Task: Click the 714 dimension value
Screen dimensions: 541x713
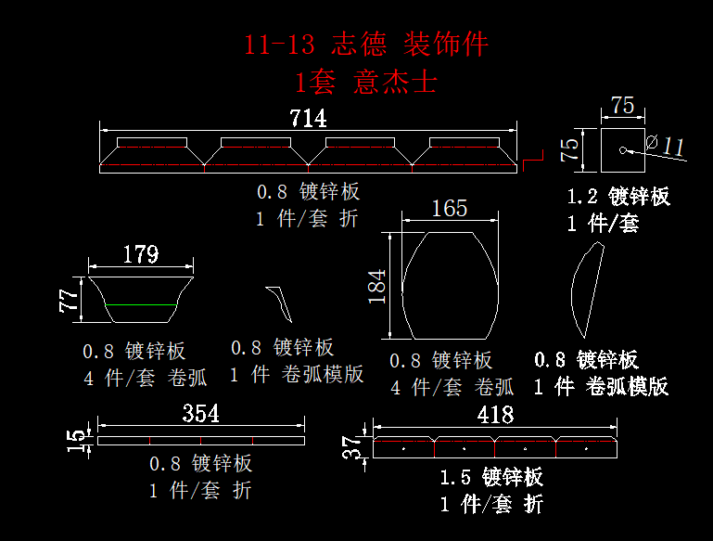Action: (309, 118)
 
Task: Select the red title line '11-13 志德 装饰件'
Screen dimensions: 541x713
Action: (365, 45)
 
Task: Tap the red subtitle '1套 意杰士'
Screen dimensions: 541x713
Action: (365, 83)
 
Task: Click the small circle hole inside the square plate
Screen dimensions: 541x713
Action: (621, 149)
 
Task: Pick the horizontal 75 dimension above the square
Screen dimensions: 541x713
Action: (623, 106)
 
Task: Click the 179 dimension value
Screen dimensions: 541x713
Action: (141, 253)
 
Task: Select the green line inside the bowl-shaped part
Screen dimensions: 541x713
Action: (142, 304)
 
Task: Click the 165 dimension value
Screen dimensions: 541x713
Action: (450, 209)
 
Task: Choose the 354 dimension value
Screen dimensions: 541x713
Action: (200, 414)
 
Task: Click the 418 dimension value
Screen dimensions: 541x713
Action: (495, 414)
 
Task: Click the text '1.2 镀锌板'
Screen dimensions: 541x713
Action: (618, 197)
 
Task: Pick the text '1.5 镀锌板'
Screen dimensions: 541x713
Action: (491, 478)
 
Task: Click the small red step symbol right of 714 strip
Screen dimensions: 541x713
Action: (531, 164)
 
